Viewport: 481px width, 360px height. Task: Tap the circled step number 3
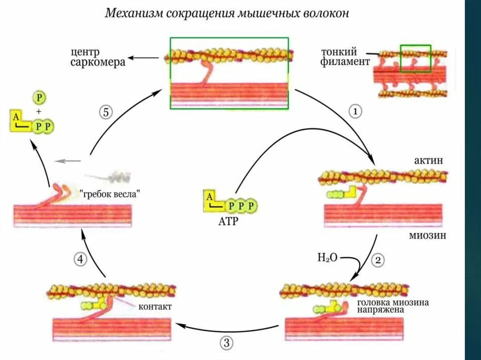pos(226,343)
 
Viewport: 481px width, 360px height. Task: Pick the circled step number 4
pos(80,259)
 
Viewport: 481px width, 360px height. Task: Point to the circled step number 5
pos(106,112)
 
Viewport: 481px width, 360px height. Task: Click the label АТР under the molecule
pos(227,221)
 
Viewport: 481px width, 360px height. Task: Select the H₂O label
pos(327,257)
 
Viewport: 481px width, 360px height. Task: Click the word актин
pos(428,161)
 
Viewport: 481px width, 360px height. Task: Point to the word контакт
pos(155,307)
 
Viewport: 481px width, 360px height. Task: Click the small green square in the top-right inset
pos(415,58)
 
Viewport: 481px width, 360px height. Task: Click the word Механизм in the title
pos(133,13)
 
